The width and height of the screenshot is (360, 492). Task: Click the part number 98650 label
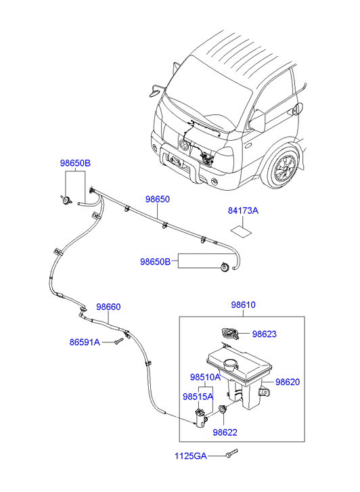click(x=157, y=199)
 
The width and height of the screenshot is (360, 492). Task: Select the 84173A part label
click(x=243, y=210)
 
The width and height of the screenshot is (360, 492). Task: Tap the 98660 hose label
click(x=108, y=307)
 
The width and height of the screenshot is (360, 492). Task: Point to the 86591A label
click(x=85, y=342)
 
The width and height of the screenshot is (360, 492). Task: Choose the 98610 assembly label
click(x=243, y=305)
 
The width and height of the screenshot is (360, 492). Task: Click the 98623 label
click(x=265, y=334)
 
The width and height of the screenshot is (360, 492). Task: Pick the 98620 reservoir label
click(x=288, y=382)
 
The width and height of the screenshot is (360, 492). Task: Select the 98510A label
click(x=205, y=377)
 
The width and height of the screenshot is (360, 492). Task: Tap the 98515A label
click(x=198, y=397)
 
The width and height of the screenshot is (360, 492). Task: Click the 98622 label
click(x=225, y=432)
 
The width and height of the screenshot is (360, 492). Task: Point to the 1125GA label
click(x=191, y=456)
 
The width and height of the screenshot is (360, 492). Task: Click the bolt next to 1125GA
click(x=231, y=453)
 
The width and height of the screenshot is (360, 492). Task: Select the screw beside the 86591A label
click(x=118, y=341)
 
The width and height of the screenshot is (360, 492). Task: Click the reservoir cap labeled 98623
click(x=230, y=334)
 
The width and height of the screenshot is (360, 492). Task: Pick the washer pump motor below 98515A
click(x=200, y=418)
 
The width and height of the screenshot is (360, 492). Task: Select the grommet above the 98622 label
click(x=223, y=409)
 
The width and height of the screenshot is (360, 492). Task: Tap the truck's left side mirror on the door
click(x=258, y=120)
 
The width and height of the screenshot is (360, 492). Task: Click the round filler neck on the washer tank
click(x=231, y=365)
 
